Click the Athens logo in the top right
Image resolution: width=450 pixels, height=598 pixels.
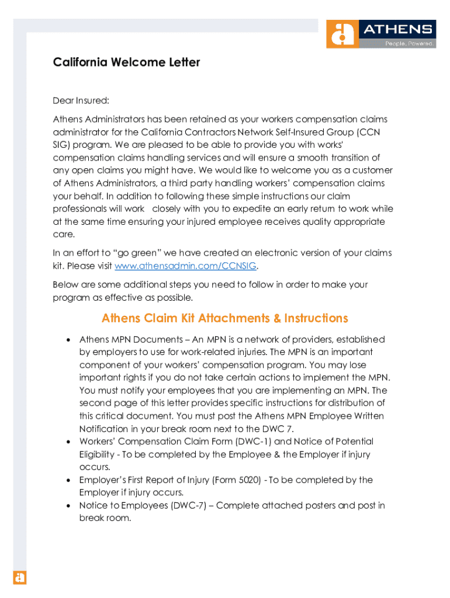(x=380, y=34)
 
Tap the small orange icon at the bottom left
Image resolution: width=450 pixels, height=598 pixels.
(x=20, y=577)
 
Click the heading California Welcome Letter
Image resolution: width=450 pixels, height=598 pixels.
(x=126, y=62)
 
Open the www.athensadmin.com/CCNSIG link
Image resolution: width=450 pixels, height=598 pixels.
(x=186, y=266)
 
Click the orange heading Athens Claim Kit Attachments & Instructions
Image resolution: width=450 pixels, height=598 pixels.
(x=224, y=318)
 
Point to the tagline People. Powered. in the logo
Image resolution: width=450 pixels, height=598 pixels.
(x=409, y=44)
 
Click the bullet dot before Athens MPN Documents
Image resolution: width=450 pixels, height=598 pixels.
(x=68, y=340)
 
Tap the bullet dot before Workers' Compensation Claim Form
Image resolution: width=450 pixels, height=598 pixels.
(x=68, y=442)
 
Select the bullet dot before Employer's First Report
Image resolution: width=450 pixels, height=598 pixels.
(x=68, y=481)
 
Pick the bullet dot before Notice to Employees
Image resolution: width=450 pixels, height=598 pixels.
(x=68, y=506)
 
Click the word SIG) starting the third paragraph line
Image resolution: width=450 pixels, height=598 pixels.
(x=63, y=145)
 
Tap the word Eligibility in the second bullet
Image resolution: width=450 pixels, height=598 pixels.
(x=101, y=454)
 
